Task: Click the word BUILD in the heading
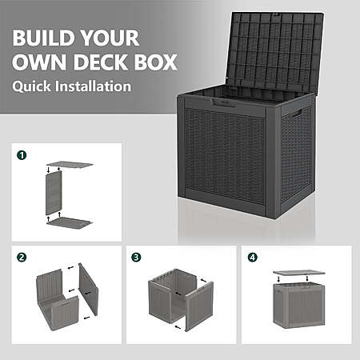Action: click(x=42, y=38)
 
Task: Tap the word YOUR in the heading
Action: click(x=110, y=38)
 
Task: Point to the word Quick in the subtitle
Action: click(x=31, y=86)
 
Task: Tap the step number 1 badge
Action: click(x=22, y=155)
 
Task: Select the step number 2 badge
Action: click(x=22, y=258)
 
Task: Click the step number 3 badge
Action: click(x=136, y=258)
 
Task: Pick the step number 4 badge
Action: click(x=253, y=258)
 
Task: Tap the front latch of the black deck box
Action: click(x=223, y=102)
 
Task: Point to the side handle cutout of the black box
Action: click(x=296, y=114)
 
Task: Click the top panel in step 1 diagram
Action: click(x=70, y=164)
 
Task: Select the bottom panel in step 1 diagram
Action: click(x=70, y=223)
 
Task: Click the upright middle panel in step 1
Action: click(x=54, y=193)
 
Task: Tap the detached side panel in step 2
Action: click(x=89, y=289)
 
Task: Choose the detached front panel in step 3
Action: click(x=199, y=306)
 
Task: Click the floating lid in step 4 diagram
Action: click(x=299, y=273)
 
